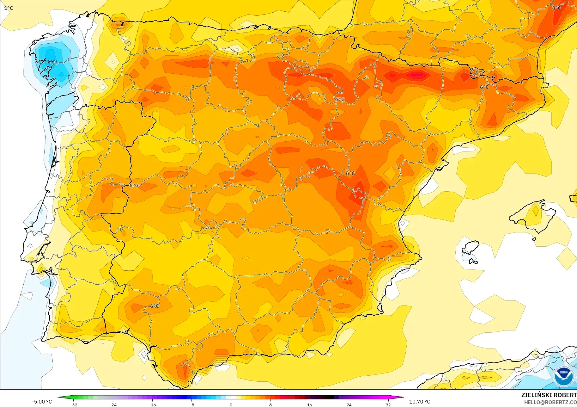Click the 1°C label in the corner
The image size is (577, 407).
(9, 8)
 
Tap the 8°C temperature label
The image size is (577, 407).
(556, 8)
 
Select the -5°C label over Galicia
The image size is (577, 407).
(52, 62)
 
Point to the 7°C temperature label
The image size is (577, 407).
(340, 100)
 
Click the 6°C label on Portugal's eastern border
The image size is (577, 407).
(134, 186)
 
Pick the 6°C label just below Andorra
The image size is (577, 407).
(484, 87)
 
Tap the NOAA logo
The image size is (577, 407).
(564, 376)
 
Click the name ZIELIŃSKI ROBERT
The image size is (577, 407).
(549, 395)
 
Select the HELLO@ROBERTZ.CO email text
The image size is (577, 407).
(550, 402)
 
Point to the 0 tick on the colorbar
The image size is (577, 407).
(231, 405)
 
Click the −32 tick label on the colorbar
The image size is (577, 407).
(73, 405)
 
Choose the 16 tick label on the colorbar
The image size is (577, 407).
(309, 405)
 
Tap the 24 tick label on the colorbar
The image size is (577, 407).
(349, 405)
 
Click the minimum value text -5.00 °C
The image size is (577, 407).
(42, 402)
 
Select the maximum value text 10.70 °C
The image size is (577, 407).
(420, 402)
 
